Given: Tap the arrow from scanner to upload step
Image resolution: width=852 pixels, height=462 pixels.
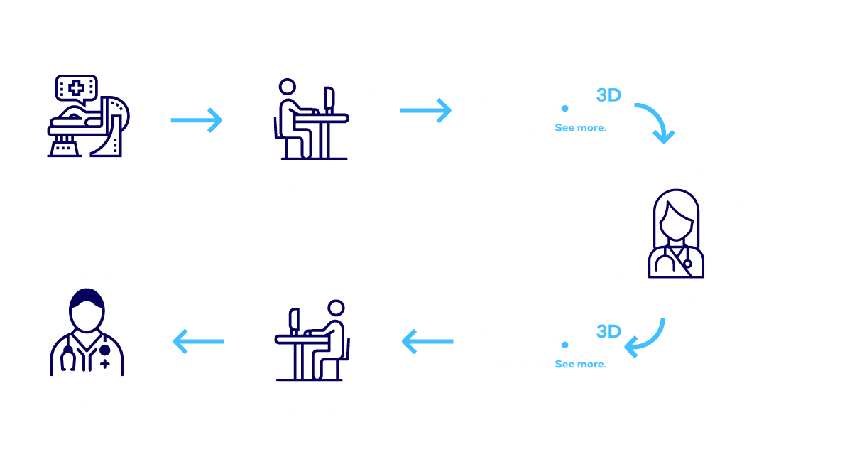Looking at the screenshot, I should coord(196,119).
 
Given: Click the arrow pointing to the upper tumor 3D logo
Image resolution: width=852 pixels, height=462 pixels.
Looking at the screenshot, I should coord(425,109).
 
